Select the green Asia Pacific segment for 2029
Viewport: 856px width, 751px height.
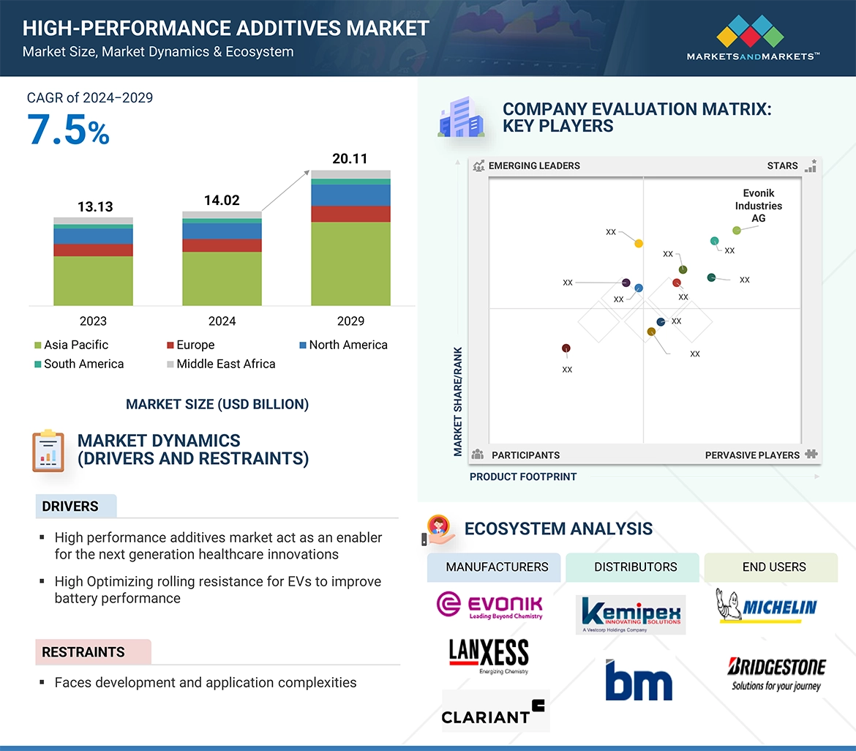pyautogui.click(x=350, y=264)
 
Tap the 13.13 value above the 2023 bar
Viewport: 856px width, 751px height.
pyautogui.click(x=95, y=207)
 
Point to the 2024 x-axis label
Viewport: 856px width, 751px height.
pyautogui.click(x=222, y=321)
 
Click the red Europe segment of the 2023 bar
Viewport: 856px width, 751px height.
pyautogui.click(x=93, y=250)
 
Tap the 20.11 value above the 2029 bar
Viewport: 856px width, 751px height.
pyautogui.click(x=350, y=159)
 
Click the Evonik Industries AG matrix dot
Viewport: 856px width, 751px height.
pyautogui.click(x=737, y=231)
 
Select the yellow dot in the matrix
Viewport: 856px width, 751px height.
pyautogui.click(x=639, y=243)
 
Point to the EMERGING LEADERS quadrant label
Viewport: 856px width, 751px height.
pyautogui.click(x=533, y=165)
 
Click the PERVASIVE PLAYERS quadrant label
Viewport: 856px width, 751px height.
pyautogui.click(x=752, y=455)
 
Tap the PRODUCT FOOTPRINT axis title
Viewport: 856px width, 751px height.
pyautogui.click(x=523, y=477)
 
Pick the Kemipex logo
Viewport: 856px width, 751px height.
pyautogui.click(x=631, y=614)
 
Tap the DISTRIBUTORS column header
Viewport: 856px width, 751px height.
pyautogui.click(x=635, y=567)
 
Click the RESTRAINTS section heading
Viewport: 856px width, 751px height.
pyautogui.click(x=83, y=651)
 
